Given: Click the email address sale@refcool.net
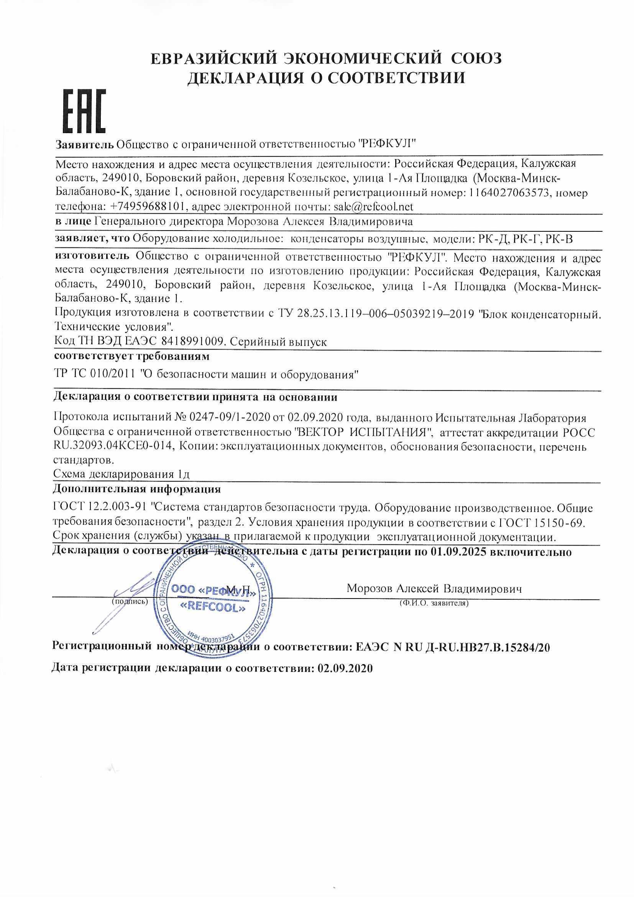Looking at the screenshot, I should [373, 206].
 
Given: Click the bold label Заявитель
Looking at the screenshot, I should [85, 144].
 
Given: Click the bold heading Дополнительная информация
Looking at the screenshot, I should [137, 489].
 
